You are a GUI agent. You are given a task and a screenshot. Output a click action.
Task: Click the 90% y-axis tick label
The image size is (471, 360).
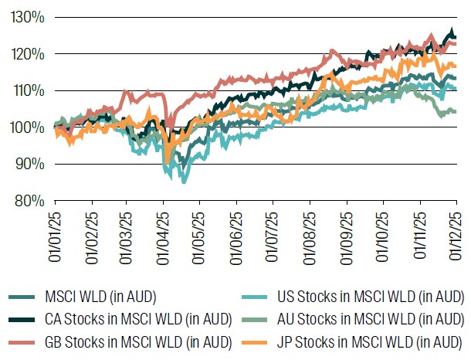pos(28,164)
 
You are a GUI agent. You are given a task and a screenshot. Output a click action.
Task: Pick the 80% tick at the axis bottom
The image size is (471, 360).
pos(28,201)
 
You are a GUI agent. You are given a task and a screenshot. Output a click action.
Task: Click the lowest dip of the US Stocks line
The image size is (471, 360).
pos(183,182)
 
